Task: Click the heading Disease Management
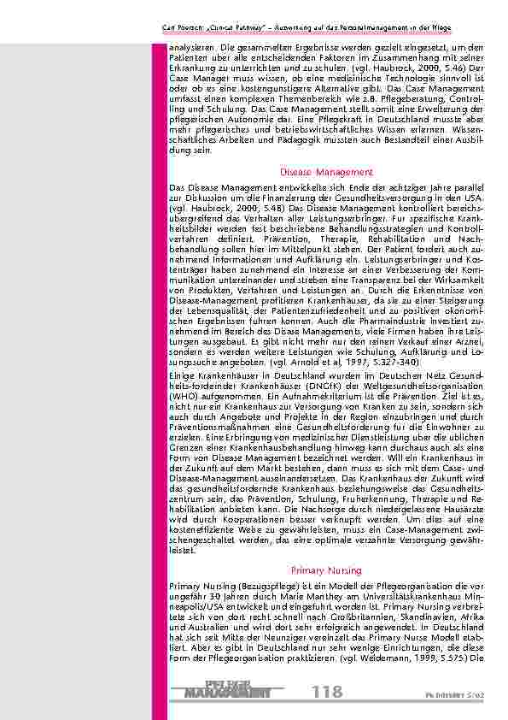coord(326,172)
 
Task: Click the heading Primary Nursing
coord(326,569)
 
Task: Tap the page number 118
coord(326,691)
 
